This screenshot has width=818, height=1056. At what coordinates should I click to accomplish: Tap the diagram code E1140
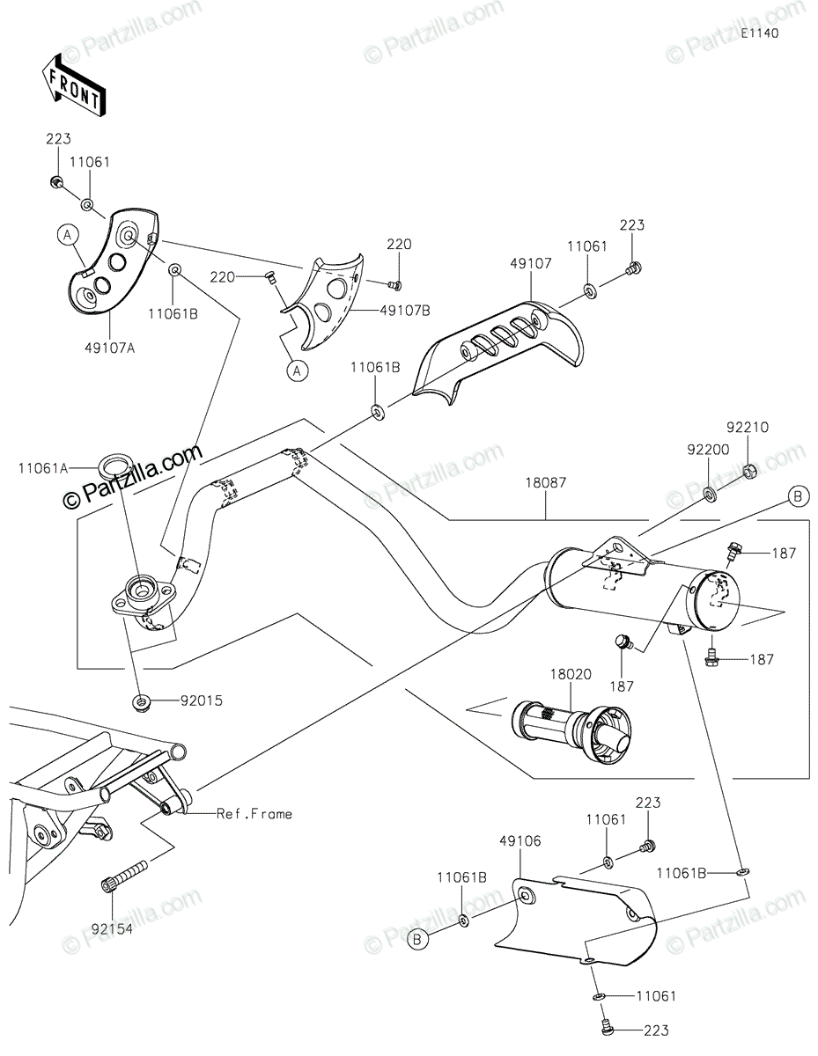coord(760,33)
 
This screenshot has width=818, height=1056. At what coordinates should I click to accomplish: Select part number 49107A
coord(109,348)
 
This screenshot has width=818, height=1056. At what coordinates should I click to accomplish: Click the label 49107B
coord(405,310)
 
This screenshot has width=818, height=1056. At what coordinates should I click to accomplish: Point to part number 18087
coord(546,482)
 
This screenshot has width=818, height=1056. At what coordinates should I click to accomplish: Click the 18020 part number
coord(571,674)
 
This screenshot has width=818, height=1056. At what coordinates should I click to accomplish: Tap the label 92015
coord(202,700)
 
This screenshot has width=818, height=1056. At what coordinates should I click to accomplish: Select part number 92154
coord(112,928)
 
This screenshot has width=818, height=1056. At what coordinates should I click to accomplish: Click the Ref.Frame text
coord(254,813)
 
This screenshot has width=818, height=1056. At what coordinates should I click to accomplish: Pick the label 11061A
coord(44,468)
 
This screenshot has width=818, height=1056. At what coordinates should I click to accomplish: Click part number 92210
coord(748,427)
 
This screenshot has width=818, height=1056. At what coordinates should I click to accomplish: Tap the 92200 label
coord(708,450)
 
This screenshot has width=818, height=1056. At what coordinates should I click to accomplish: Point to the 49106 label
coord(520,840)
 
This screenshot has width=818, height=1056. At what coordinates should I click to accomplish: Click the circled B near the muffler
coord(797,496)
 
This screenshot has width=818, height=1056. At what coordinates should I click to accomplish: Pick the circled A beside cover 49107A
coord(68,235)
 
